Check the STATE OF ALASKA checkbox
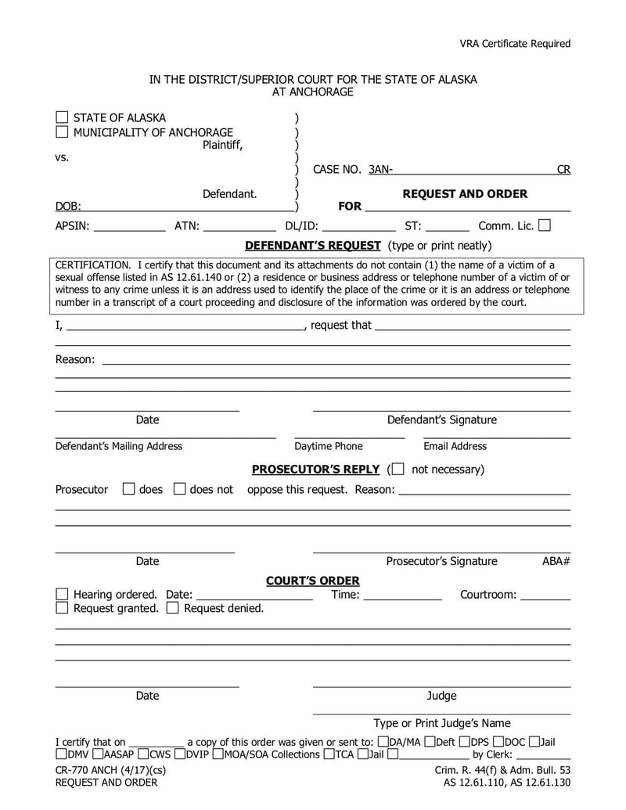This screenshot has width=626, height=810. click(62, 117)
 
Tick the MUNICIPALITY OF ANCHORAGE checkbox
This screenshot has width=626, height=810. click(62, 132)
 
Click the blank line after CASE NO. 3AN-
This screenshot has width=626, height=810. click(474, 169)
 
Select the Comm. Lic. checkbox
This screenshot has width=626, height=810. click(545, 225)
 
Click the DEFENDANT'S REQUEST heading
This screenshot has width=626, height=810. click(312, 245)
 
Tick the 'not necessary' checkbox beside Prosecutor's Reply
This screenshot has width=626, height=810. click(398, 470)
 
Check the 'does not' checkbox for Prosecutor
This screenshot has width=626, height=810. click(179, 489)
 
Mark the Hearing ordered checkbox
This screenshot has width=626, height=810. click(62, 595)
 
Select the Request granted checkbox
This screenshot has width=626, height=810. click(62, 608)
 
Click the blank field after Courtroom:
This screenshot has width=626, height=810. click(545, 595)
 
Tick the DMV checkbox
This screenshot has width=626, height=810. click(61, 754)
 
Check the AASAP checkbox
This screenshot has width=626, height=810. click(97, 754)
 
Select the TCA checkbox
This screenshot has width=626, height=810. click(329, 754)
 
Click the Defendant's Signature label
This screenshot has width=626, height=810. click(441, 420)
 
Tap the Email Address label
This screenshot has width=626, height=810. click(455, 446)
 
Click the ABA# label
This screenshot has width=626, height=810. click(556, 561)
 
